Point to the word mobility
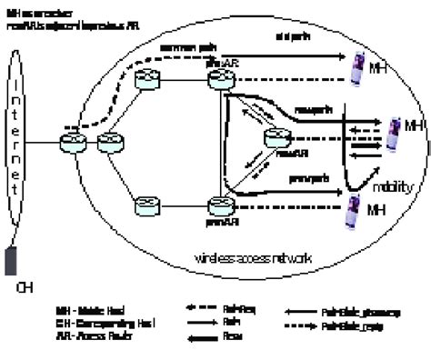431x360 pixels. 394,187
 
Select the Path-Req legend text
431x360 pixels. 236,308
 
